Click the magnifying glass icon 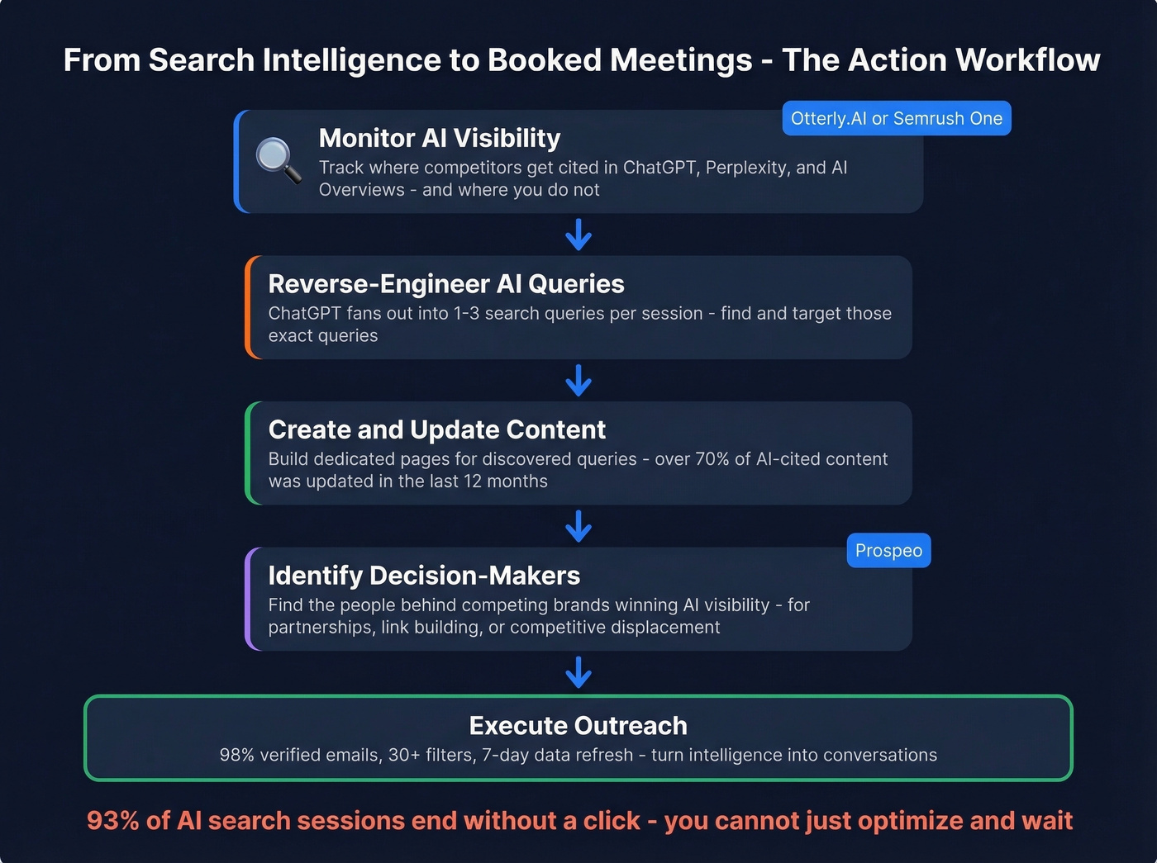click(x=278, y=159)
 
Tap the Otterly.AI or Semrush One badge click(x=896, y=118)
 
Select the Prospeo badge click(x=888, y=551)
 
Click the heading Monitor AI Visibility click(x=439, y=138)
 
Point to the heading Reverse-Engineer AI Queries click(x=445, y=284)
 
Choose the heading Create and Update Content click(x=436, y=429)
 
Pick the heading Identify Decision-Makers click(x=424, y=576)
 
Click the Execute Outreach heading click(x=578, y=725)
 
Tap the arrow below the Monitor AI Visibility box click(x=578, y=235)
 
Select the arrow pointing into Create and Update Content click(x=578, y=381)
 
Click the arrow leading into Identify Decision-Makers click(x=578, y=526)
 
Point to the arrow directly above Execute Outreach click(x=578, y=672)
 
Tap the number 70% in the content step click(x=712, y=459)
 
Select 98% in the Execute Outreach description click(x=236, y=755)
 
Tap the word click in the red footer click(x=612, y=821)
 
